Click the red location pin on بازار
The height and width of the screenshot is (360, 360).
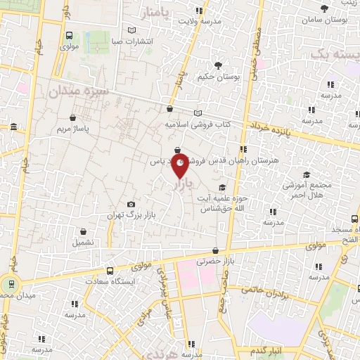pos(180,167)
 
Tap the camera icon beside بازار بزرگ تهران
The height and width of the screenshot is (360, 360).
pos(131,205)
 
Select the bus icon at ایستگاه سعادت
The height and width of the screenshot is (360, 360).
pos(110,270)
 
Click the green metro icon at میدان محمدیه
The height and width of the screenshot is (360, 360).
pos(11,283)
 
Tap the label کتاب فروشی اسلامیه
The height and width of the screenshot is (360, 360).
pos(188,124)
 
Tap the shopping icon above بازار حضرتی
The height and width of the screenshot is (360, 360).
pos(215,250)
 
